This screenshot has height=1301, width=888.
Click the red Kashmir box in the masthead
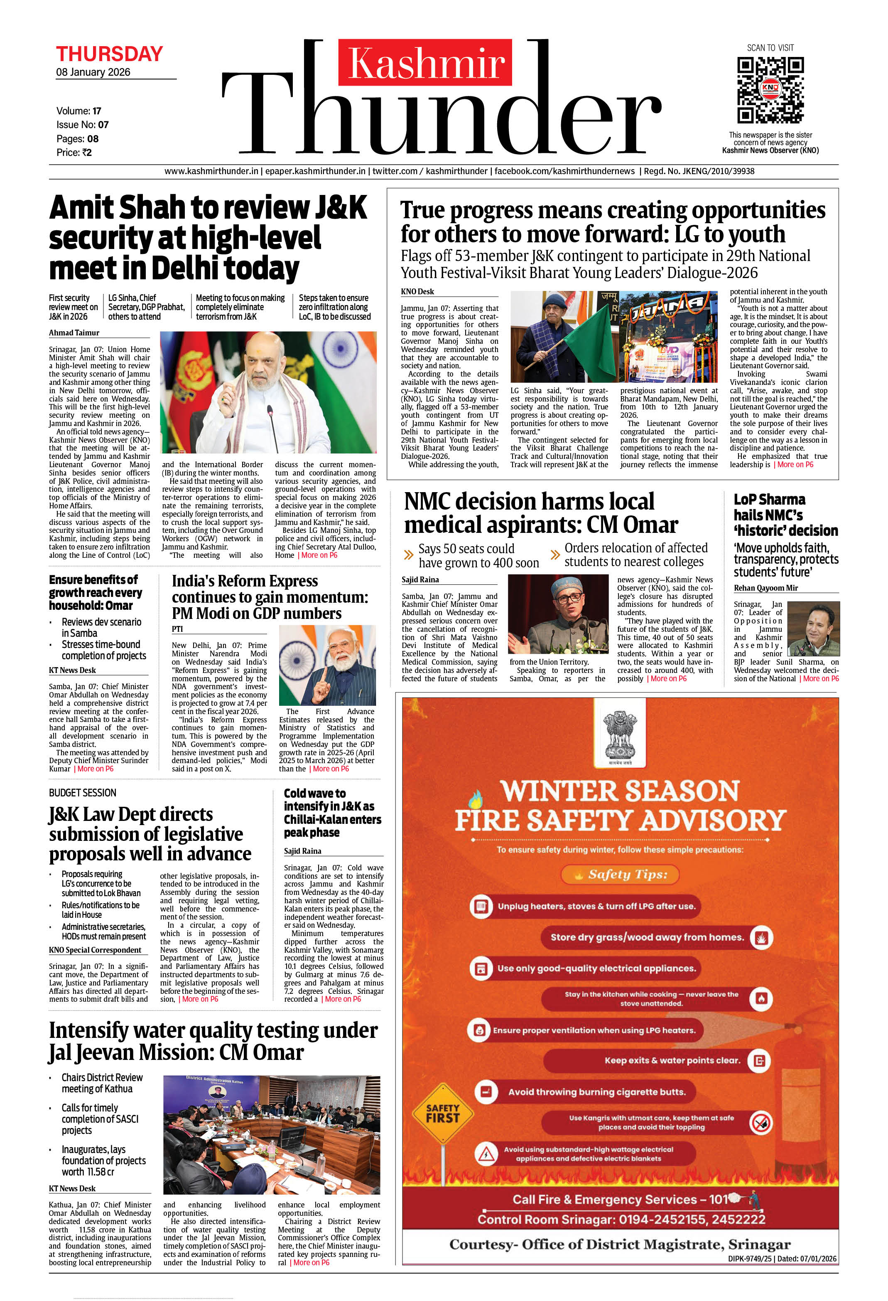click(425, 63)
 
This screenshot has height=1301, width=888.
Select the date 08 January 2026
click(93, 72)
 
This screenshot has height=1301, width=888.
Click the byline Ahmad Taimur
click(74, 333)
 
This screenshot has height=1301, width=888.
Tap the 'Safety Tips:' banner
click(620, 875)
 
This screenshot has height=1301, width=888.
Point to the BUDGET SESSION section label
click(83, 793)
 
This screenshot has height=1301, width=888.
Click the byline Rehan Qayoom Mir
click(765, 588)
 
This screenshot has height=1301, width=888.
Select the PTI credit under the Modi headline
click(177, 629)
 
